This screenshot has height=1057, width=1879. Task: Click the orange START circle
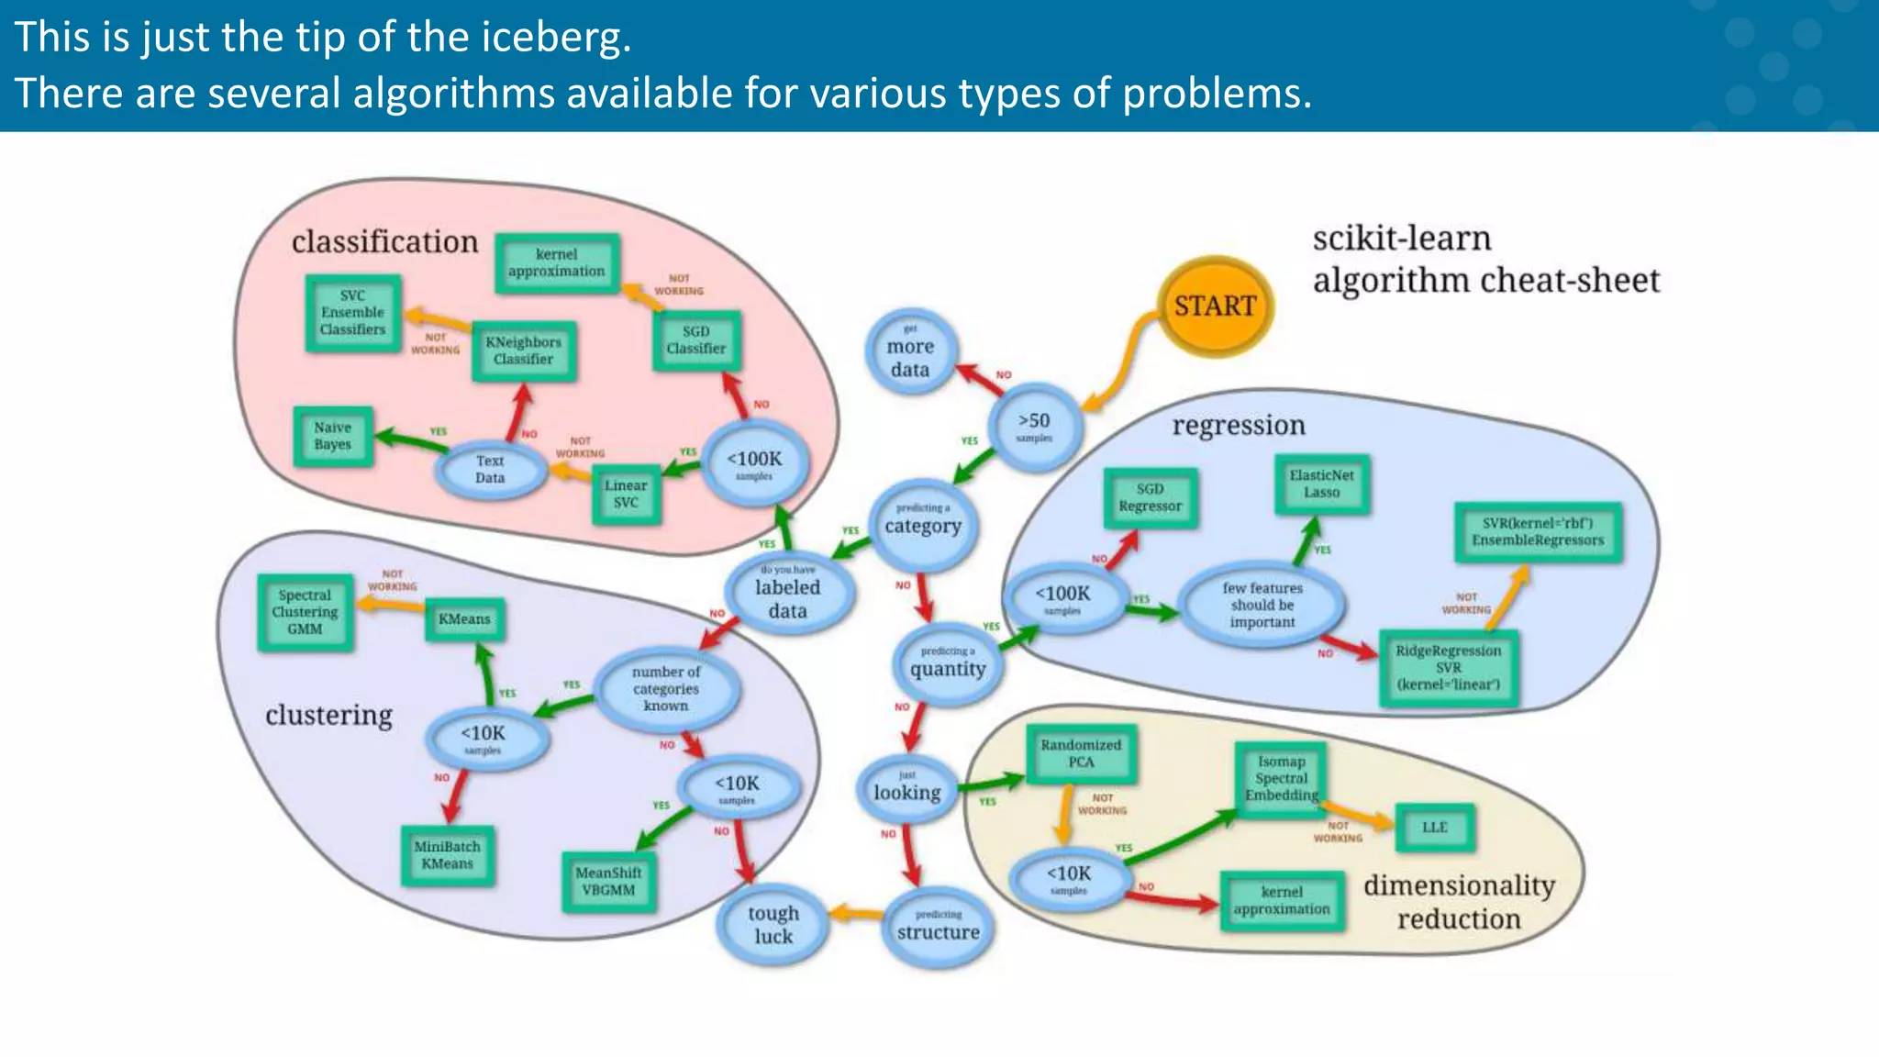point(1216,306)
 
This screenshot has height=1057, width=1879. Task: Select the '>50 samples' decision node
point(1035,426)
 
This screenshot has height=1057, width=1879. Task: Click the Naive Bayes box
point(333,436)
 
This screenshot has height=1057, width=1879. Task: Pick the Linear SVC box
point(626,495)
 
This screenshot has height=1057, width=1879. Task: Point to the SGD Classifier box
point(695,340)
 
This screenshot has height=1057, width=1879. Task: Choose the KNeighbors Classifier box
point(523,350)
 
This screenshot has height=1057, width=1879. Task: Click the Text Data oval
point(490,469)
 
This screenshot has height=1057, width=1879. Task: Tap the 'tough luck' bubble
point(773,925)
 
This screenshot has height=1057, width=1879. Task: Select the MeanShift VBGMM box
point(608,882)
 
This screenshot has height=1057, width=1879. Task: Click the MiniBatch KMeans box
point(447,855)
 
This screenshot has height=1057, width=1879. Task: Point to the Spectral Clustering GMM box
point(305,612)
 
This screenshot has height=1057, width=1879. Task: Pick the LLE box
point(1434,828)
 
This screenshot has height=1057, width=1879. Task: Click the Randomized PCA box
point(1081,753)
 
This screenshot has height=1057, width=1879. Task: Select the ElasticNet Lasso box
point(1321,484)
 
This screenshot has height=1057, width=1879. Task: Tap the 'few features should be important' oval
point(1262,605)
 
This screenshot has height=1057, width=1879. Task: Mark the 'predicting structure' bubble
point(939,926)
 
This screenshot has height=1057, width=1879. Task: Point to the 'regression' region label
point(1238,426)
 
